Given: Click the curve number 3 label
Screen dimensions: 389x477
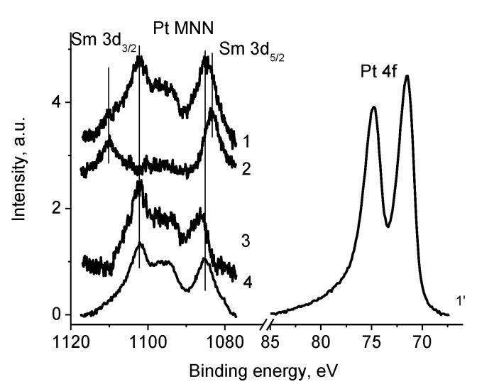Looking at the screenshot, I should (x=246, y=241).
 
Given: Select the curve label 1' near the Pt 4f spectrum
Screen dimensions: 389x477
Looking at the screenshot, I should (x=460, y=301).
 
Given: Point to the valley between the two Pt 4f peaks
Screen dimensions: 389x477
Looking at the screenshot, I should (x=388, y=226).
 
